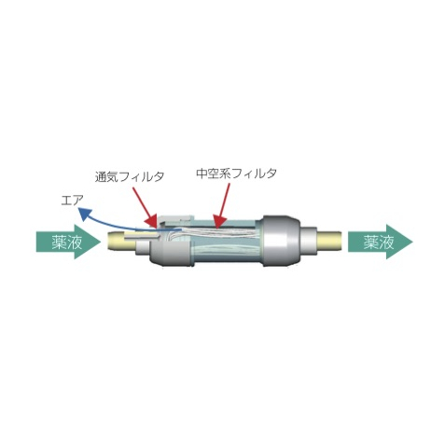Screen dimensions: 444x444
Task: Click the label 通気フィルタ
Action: tap(130, 176)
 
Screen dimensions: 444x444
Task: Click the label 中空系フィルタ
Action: tap(237, 173)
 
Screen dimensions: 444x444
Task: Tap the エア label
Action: tap(72, 201)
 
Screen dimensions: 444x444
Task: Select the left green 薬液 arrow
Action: tap(68, 242)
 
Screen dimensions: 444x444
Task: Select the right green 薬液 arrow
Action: tap(381, 242)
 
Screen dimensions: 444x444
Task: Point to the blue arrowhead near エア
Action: tap(85, 215)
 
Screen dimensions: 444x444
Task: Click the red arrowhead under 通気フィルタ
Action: tap(152, 222)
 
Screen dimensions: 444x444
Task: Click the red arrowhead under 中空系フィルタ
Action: tap(219, 220)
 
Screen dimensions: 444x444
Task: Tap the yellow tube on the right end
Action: tap(330, 241)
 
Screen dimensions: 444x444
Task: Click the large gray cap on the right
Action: tap(281, 241)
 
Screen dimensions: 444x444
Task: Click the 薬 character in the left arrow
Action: tap(59, 242)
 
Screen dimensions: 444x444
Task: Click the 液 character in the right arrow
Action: tap(386, 242)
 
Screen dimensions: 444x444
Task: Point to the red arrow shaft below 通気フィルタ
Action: tap(142, 202)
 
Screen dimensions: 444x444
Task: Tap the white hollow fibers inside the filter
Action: tap(217, 232)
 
